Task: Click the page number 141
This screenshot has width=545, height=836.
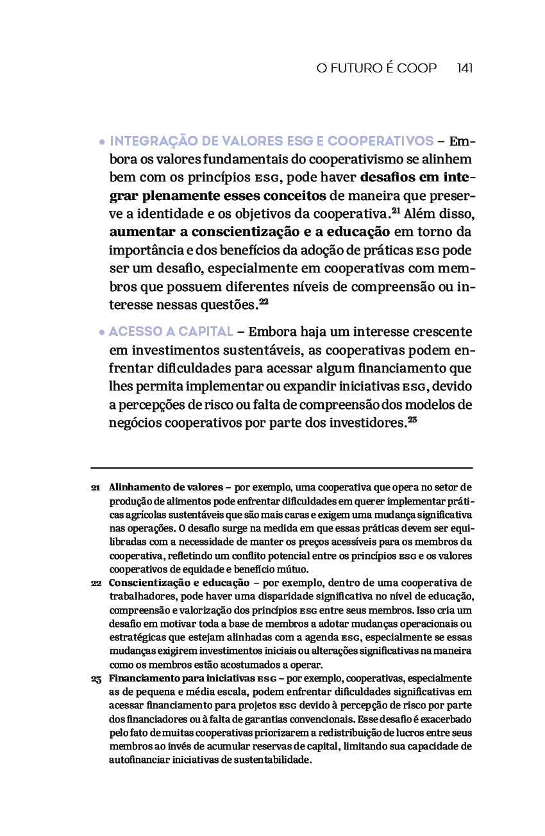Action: (x=465, y=68)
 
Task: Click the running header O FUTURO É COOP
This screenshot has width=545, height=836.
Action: (x=376, y=68)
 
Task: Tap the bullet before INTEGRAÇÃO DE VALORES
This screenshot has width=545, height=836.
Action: (x=102, y=142)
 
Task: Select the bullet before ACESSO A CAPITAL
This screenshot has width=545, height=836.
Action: (x=102, y=333)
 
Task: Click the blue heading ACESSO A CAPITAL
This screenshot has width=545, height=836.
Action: (x=171, y=332)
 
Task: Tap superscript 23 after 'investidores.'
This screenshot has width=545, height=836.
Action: (x=412, y=419)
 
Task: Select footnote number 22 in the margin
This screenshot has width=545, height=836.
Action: (x=96, y=583)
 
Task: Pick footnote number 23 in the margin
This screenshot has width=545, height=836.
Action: (x=96, y=679)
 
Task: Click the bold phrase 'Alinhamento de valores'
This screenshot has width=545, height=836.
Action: (x=165, y=487)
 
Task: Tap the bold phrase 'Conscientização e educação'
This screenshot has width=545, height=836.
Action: (x=179, y=583)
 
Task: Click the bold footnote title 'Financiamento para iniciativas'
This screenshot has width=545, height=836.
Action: (x=182, y=678)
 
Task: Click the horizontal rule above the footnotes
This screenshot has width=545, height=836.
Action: (x=281, y=468)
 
